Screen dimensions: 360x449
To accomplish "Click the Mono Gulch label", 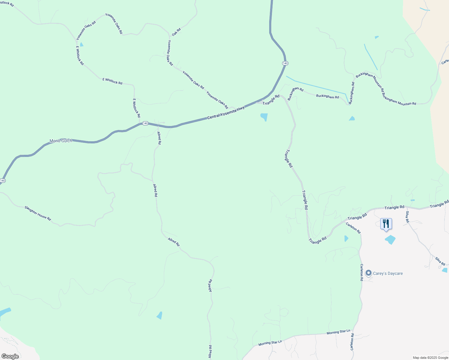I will pos(61,141).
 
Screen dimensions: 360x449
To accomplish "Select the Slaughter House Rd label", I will pos(38,213).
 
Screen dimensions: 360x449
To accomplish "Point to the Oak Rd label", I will pos(176,32).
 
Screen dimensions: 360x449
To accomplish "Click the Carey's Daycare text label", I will pos(388,273).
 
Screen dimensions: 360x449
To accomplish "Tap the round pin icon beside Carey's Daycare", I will pos(368,273).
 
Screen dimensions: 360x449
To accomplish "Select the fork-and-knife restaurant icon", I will pos(386,224).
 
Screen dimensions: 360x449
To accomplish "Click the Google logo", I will pos(10,356).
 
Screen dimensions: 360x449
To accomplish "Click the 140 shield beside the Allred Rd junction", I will pos(145,123).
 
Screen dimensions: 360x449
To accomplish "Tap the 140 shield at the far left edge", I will pos(3,181).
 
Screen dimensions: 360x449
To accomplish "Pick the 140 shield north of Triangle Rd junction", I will pos(285,63).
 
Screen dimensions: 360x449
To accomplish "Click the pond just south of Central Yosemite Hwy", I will pos(264,117).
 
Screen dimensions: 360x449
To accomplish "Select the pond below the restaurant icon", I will pos(390,239).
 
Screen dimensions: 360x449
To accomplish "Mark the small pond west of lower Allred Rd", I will pos(159,315).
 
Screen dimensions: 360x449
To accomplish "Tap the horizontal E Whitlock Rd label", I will pos(113,81).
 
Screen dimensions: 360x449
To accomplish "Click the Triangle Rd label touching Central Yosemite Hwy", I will pos(271,100).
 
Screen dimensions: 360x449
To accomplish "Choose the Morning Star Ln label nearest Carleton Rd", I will pos(338,332).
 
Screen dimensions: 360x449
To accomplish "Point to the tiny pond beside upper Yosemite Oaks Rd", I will pos(81,44).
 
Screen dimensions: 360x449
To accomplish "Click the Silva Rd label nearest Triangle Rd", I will pos(407,217).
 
